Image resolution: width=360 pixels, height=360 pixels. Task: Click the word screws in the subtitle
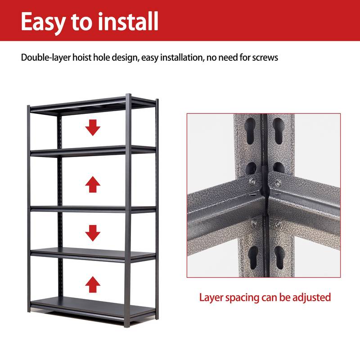pos(266,58)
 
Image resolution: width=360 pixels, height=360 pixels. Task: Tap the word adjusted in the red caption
pos(312,297)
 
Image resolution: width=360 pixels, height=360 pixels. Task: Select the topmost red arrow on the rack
pos(93,128)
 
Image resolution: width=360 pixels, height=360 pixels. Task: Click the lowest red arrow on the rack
pos(93,284)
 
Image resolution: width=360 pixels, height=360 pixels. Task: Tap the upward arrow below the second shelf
pos(93,184)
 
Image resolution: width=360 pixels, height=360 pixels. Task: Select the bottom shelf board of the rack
pos(92,305)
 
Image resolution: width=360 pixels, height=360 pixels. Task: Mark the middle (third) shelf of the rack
pos(92,208)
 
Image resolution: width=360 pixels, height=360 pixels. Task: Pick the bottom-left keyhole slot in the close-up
pos(253,256)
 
